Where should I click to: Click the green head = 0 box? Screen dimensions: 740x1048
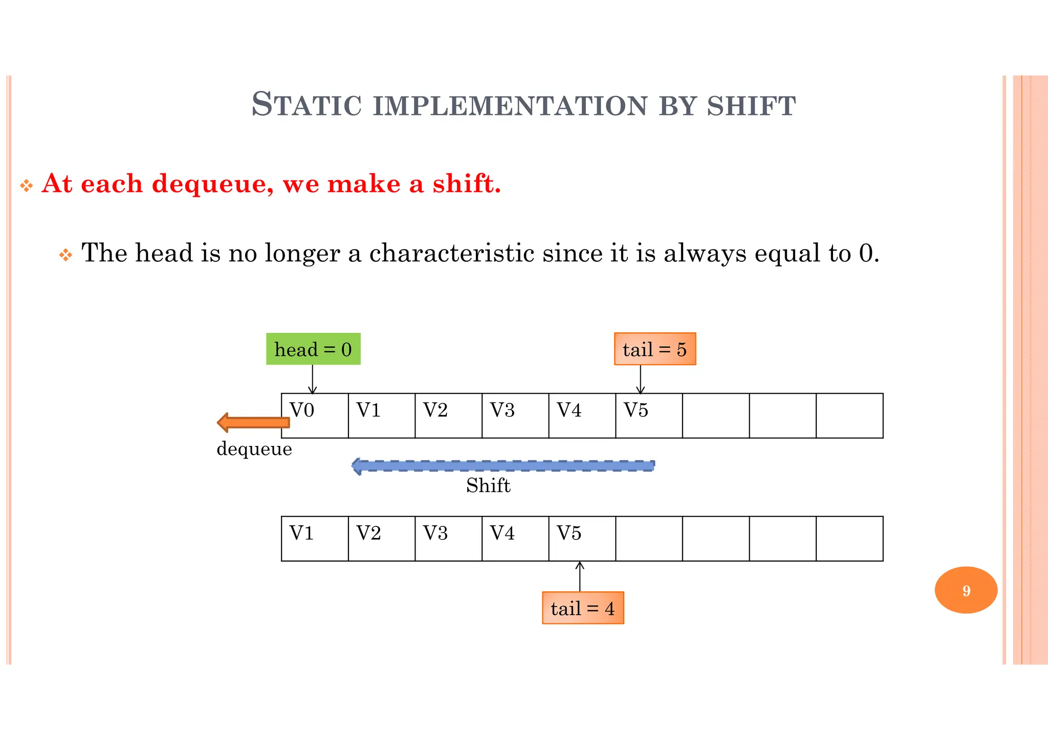click(x=313, y=349)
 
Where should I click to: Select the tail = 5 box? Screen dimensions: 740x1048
click(x=654, y=349)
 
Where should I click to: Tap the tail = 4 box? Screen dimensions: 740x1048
click(x=583, y=608)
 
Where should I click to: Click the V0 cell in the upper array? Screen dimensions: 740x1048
click(x=315, y=416)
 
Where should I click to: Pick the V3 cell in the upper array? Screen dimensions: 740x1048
click(x=515, y=416)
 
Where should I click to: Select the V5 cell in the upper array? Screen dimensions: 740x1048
click(x=649, y=416)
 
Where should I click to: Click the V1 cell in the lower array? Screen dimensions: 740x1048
click(x=315, y=539)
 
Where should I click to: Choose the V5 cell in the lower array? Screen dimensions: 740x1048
click(x=582, y=539)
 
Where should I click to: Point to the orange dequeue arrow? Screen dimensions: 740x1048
click(x=253, y=422)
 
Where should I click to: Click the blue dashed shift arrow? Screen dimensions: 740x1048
click(x=503, y=465)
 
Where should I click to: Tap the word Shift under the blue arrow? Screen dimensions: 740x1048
click(x=488, y=485)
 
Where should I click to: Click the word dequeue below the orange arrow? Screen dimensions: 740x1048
click(x=254, y=449)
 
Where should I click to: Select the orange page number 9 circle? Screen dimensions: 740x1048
click(x=966, y=590)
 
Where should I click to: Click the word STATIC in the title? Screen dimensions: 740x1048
click(x=307, y=105)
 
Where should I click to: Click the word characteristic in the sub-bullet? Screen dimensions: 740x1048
click(x=451, y=253)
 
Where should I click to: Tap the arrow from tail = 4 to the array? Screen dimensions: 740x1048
click(x=580, y=576)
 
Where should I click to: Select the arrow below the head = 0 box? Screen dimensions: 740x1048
click(x=313, y=379)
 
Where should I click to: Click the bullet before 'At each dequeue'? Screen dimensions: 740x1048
click(x=26, y=185)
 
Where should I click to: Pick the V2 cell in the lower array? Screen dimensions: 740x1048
click(x=381, y=539)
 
